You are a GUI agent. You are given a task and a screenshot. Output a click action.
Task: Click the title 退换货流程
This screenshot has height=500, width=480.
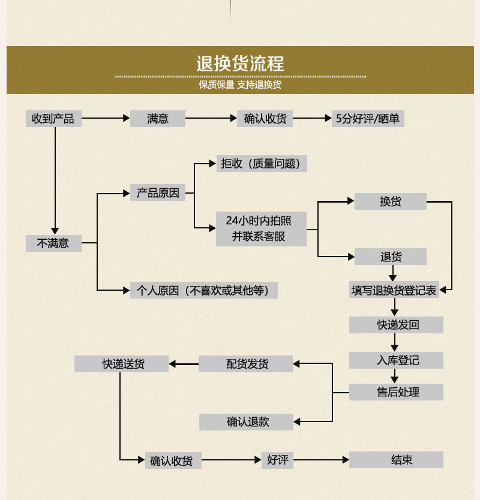click(240, 64)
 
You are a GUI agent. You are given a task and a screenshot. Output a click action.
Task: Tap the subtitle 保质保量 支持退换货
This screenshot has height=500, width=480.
click(240, 85)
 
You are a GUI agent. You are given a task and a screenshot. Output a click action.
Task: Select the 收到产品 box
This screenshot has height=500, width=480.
click(53, 119)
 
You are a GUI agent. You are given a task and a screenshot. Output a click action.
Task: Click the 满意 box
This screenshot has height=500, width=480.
click(158, 119)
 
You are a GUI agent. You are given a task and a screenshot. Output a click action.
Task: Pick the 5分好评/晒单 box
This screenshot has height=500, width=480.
click(368, 119)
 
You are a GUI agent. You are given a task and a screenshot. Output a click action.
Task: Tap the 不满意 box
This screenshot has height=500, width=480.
click(53, 243)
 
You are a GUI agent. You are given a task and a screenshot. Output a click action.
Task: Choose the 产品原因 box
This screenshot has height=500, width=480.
click(158, 193)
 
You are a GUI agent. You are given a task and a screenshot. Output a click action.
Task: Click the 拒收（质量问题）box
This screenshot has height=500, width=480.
click(262, 163)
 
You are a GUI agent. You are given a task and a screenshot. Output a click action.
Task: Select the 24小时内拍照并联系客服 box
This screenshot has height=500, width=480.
click(261, 228)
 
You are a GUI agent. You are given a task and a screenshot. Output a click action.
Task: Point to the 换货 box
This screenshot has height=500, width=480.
click(390, 201)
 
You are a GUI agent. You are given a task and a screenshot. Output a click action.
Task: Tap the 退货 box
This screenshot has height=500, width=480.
click(390, 257)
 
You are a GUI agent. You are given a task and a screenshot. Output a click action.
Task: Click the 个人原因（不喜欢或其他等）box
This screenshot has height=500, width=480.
click(204, 291)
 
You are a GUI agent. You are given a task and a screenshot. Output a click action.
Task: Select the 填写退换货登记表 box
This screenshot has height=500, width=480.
click(394, 290)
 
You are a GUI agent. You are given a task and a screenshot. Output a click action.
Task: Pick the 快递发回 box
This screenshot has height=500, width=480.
click(397, 325)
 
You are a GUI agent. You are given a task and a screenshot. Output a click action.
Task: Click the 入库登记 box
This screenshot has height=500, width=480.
click(397, 360)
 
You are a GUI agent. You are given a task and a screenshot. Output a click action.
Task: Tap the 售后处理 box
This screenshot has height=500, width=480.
click(397, 392)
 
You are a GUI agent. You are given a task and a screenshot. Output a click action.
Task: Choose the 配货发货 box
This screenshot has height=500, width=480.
click(246, 363)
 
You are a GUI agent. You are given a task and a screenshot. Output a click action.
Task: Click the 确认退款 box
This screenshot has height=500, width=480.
click(246, 422)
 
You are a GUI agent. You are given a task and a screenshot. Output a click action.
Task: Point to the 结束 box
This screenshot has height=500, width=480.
click(397, 460)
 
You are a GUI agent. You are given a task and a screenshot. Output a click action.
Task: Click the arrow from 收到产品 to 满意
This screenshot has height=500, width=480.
click(106, 119)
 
